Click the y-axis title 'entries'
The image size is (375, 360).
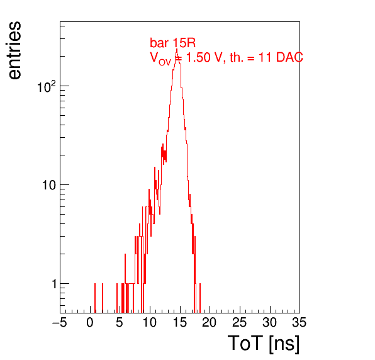[x=15, y=50]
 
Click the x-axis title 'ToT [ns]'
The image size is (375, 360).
[x=263, y=344]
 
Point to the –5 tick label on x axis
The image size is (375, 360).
[x=60, y=322]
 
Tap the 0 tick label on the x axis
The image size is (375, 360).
[x=90, y=322]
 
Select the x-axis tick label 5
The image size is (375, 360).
[x=120, y=322]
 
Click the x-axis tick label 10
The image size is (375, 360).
[x=150, y=322]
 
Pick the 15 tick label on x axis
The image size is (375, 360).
[x=180, y=322]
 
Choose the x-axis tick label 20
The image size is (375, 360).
[x=210, y=322]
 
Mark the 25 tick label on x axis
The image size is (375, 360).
[x=239, y=322]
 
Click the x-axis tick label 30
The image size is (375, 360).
[x=269, y=322]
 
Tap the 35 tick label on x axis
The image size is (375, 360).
[x=299, y=322]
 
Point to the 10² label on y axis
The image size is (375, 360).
[x=47, y=87]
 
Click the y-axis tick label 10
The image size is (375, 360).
[x=49, y=185]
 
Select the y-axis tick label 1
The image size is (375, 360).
[x=54, y=284]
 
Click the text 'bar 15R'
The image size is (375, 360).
[x=172, y=43]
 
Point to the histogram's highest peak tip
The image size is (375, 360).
[x=177, y=49]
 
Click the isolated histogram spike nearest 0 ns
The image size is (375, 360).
[x=95, y=298]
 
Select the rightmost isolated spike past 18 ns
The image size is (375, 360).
[x=200, y=298]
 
